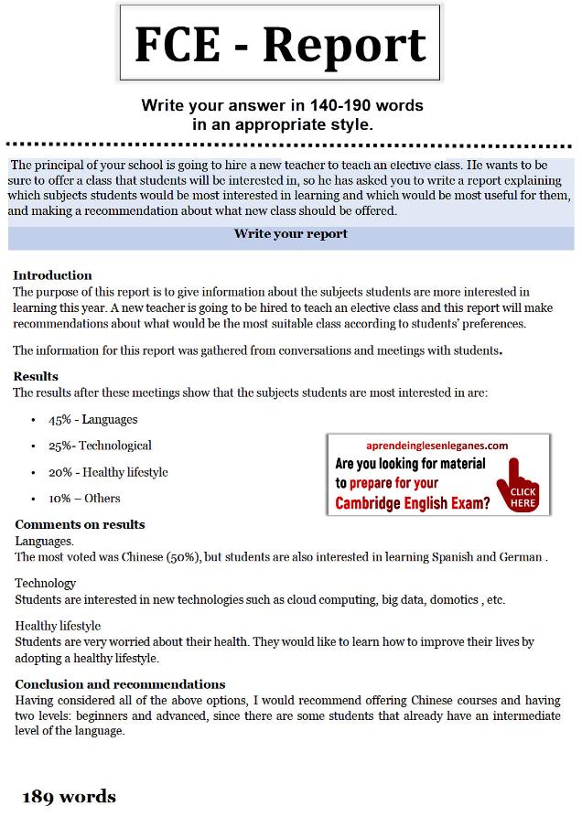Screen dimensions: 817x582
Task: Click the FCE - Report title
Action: tap(280, 44)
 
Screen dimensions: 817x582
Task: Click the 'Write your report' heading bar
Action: tap(290, 234)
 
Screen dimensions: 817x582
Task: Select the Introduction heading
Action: tap(52, 275)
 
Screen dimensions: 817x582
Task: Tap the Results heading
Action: tap(36, 376)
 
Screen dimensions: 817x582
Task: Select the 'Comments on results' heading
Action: tap(80, 525)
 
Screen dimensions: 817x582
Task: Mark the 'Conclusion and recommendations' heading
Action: tap(120, 684)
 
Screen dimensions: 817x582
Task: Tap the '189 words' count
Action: tap(70, 797)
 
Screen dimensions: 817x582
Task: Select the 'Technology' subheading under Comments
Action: tap(45, 583)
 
